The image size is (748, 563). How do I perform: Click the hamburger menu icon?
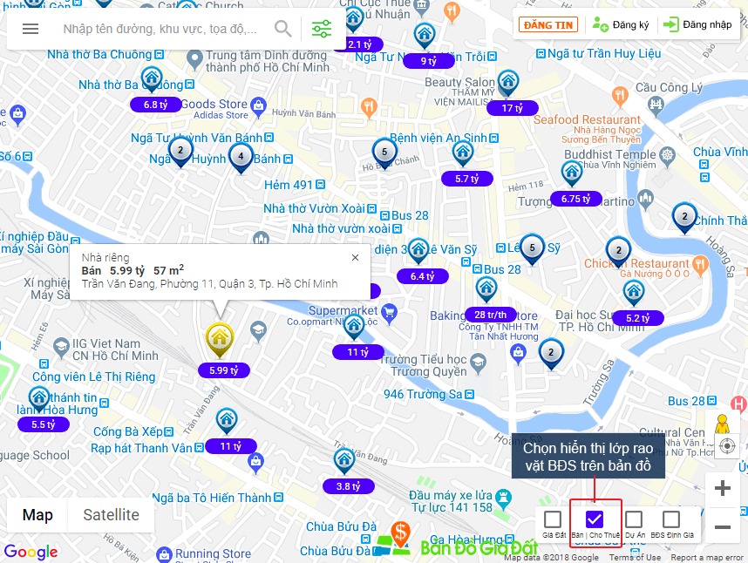[31, 29]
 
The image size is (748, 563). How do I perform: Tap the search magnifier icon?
[283, 29]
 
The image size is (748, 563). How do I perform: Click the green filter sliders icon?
[322, 29]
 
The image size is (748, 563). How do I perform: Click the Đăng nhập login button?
[697, 24]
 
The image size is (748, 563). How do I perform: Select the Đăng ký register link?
[621, 24]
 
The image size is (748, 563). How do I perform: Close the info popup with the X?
[355, 257]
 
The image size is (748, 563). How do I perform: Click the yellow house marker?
[218, 338]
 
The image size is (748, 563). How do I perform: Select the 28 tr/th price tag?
[490, 315]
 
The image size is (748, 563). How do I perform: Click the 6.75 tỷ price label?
[576, 199]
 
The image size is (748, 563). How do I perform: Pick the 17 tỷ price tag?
[513, 108]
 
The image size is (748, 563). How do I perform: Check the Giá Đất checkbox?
[553, 519]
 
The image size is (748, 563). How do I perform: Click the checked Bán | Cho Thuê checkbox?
[595, 519]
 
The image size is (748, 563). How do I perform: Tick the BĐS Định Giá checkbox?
[671, 519]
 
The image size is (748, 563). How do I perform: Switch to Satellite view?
[111, 515]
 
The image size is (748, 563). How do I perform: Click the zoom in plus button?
[722, 488]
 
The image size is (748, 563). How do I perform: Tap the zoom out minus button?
[722, 526]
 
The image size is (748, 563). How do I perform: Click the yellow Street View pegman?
[722, 425]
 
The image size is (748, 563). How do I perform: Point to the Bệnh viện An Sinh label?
[439, 138]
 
